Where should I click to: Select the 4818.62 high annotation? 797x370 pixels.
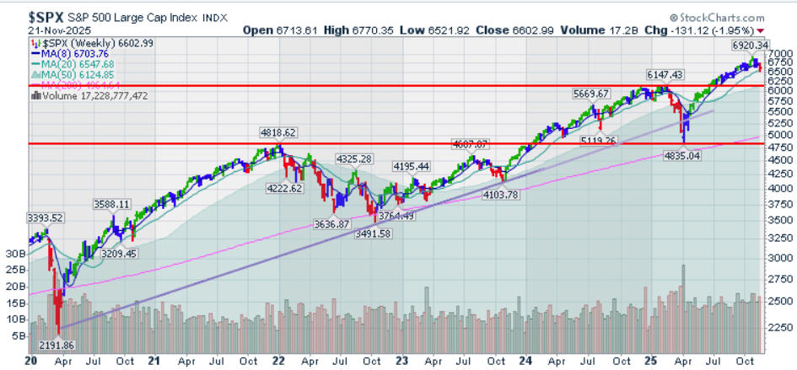tap(278, 132)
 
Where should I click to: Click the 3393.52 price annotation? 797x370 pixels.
tap(45, 217)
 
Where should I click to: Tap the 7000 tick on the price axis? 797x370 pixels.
tap(778, 53)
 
